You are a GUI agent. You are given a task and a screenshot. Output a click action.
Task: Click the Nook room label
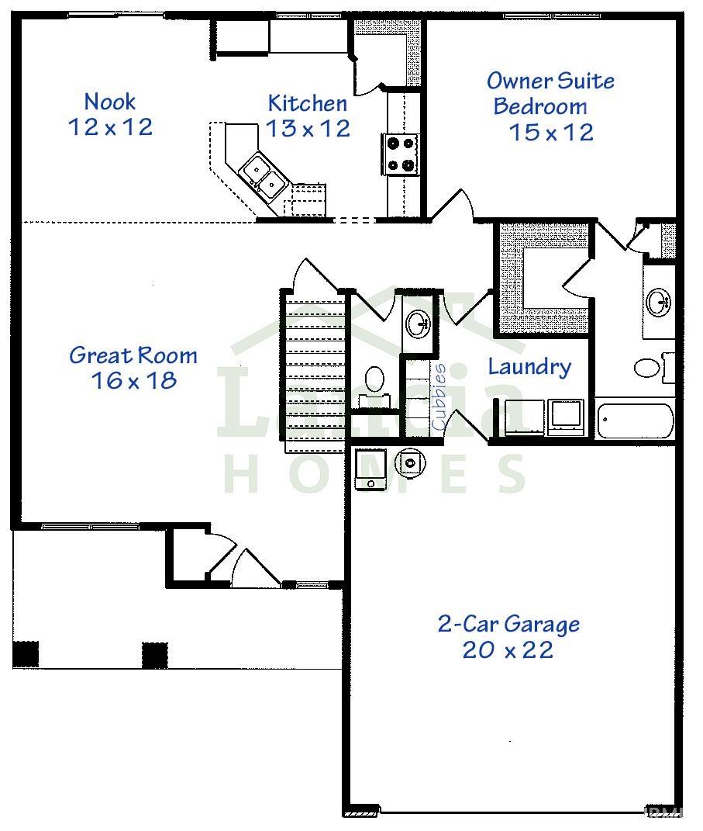(110, 102)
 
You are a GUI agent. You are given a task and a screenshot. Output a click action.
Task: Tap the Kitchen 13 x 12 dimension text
(308, 128)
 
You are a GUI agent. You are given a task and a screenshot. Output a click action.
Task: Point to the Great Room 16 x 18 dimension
(133, 380)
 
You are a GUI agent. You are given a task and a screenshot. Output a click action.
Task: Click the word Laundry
(529, 366)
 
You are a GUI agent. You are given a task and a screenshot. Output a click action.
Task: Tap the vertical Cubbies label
(439, 397)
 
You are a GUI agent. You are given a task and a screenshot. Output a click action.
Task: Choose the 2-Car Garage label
(508, 624)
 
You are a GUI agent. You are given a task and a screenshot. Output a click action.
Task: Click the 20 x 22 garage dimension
(508, 650)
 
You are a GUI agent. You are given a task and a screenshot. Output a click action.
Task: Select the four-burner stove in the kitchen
(401, 154)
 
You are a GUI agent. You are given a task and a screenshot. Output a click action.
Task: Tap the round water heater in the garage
(410, 463)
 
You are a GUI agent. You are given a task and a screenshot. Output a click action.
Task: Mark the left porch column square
(26, 654)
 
